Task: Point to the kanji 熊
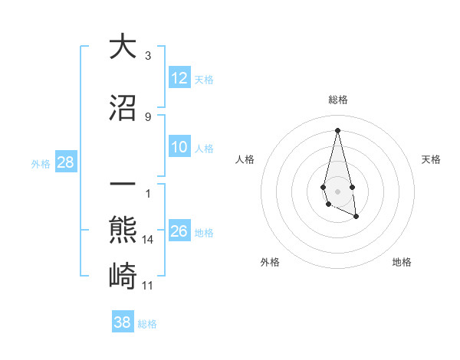pos(123,230)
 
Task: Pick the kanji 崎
pos(123,275)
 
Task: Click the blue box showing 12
pos(179,78)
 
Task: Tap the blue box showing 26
pos(179,231)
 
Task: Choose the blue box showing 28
pos(64,162)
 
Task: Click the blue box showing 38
pos(123,322)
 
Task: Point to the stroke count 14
pos(148,240)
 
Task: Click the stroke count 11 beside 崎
pos(148,286)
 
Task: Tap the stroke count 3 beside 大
pos(148,56)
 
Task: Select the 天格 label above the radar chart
pos(431,159)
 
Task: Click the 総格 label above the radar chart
pos(337,100)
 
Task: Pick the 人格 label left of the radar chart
pos(245,159)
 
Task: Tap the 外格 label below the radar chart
pos(269,262)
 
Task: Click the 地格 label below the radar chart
pos(402,262)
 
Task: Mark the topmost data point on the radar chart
pos(337,130)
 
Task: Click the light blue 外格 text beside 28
pos(41,163)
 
